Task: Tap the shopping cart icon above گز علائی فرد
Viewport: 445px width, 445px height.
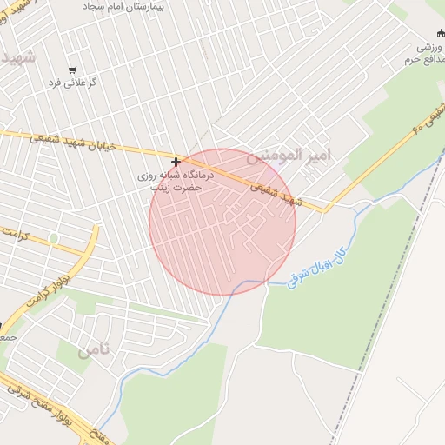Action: point(71,70)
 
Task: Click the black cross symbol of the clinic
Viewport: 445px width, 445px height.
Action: point(176,162)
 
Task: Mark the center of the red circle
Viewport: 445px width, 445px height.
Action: point(222,222)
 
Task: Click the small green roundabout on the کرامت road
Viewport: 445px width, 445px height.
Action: point(54,238)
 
